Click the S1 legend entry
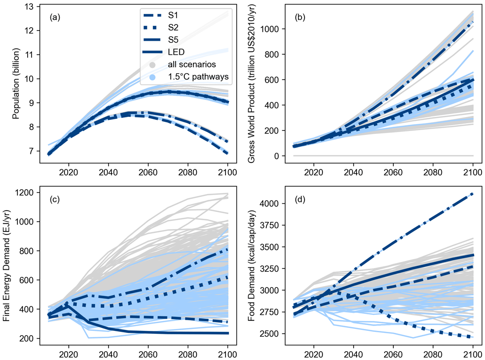click(161, 15)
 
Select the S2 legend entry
click(161, 28)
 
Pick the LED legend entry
click(163, 52)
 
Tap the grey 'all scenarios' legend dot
click(152, 65)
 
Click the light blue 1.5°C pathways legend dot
click(152, 77)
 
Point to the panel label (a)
click(55, 17)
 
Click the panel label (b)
click(300, 17)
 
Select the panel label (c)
click(55, 200)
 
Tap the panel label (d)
click(300, 200)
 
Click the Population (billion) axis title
click(16, 83)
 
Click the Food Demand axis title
click(251, 265)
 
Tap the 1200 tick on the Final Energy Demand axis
click(24, 193)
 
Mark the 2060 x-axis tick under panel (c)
click(148, 354)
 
